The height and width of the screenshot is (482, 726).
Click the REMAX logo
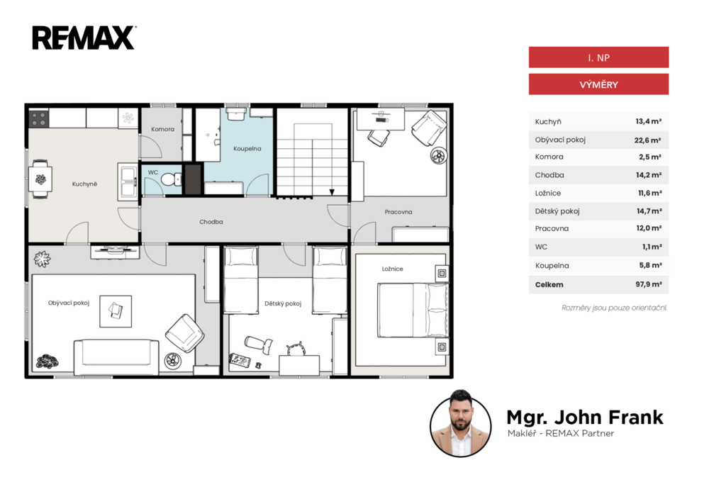[x=84, y=38]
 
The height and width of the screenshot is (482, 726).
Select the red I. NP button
[x=598, y=57]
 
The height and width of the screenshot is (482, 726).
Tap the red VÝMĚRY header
[x=598, y=84]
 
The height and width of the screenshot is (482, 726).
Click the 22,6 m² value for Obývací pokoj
[x=647, y=140]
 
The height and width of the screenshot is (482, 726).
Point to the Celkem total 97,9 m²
[x=648, y=284]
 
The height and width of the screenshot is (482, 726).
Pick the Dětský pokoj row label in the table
[x=557, y=211]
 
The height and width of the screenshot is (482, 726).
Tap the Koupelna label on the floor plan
[x=247, y=149]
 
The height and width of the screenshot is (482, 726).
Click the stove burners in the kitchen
[x=39, y=119]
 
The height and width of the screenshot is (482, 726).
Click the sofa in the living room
[x=116, y=357]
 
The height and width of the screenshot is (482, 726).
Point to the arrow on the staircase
[x=332, y=191]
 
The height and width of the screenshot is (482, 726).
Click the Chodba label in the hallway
[x=211, y=222]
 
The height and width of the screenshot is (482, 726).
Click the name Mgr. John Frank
[x=585, y=417]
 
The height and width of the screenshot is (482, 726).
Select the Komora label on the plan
[x=162, y=129]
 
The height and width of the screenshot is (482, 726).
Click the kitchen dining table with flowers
[x=40, y=179]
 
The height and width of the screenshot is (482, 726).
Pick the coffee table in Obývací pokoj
[x=116, y=311]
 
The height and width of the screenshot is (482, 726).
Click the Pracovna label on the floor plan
[x=398, y=212]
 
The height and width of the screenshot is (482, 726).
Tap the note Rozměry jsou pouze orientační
[x=614, y=308]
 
